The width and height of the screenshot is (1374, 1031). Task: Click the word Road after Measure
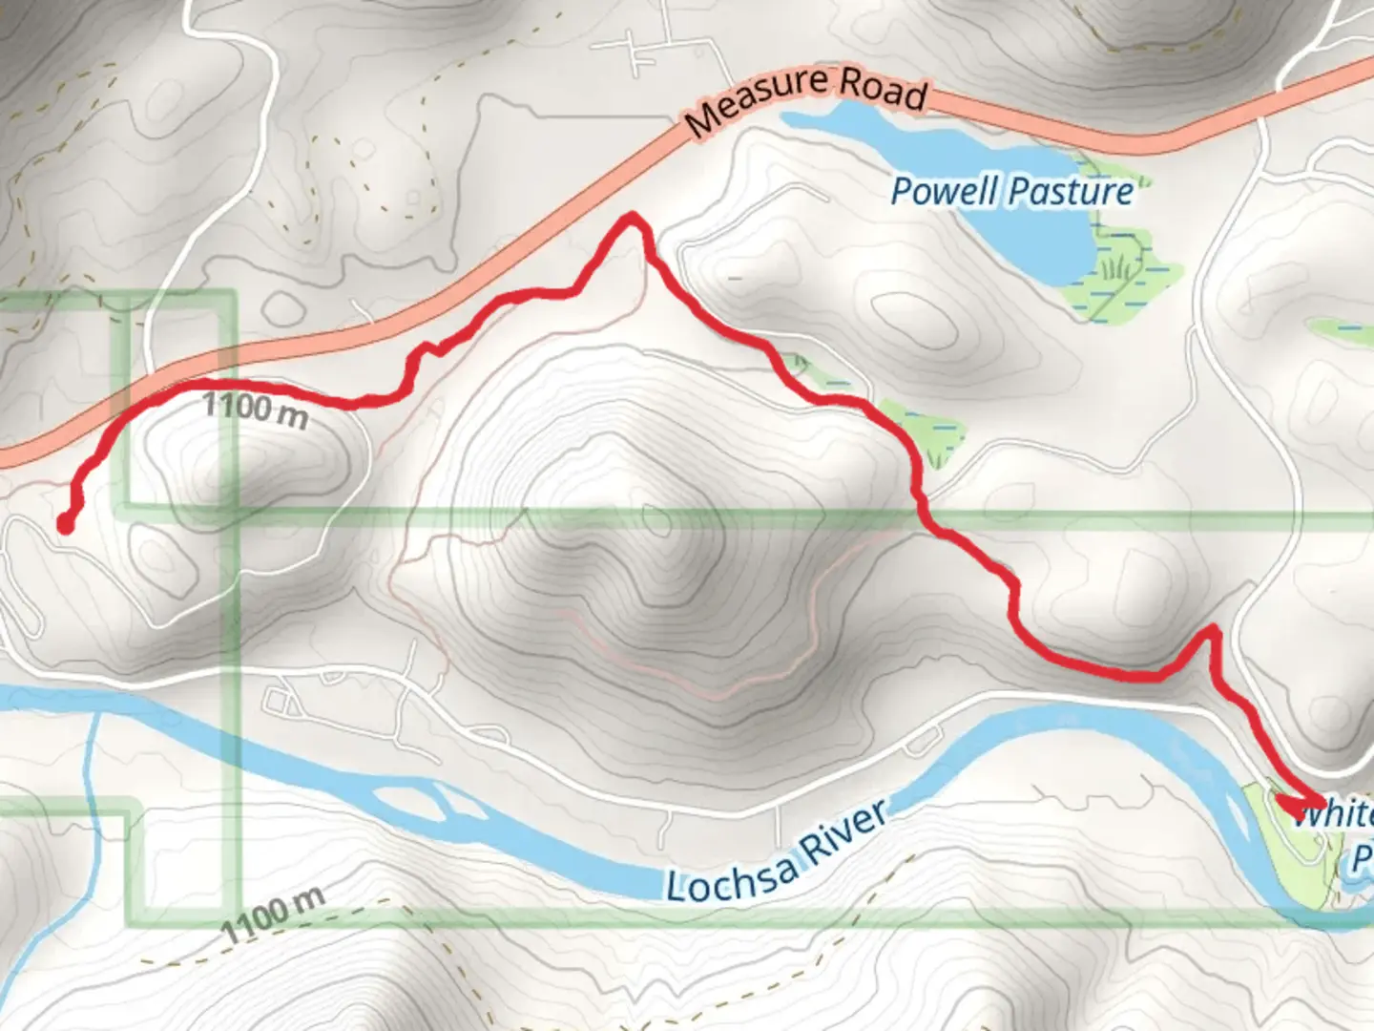point(883,88)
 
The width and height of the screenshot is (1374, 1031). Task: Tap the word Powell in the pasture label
point(946,191)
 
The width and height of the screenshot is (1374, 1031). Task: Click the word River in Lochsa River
point(843,831)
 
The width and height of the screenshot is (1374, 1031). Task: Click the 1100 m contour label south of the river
point(273,914)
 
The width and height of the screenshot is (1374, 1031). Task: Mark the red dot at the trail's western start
point(65,523)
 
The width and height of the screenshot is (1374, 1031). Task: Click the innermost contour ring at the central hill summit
point(656,521)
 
